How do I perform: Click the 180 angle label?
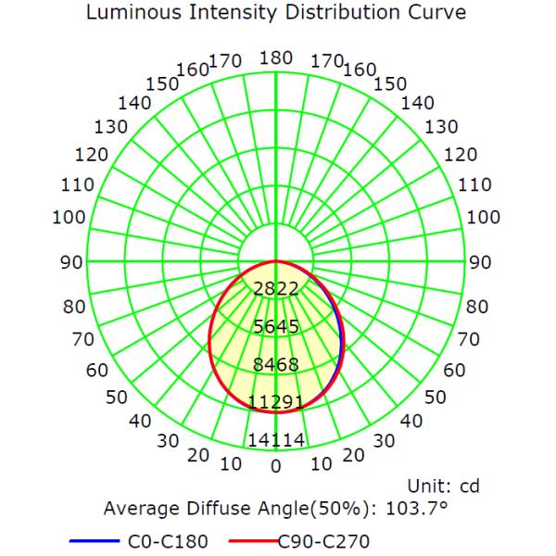(275, 58)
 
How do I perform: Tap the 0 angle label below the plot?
(275, 466)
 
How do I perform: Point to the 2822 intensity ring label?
(275, 288)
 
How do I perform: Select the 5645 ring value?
(275, 326)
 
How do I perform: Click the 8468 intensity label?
(275, 364)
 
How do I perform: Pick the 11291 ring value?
(275, 402)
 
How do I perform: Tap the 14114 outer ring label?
(275, 440)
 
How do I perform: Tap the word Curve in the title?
(431, 14)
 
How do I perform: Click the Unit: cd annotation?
(443, 486)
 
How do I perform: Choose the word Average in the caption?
(139, 509)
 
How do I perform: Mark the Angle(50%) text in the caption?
(296, 509)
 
